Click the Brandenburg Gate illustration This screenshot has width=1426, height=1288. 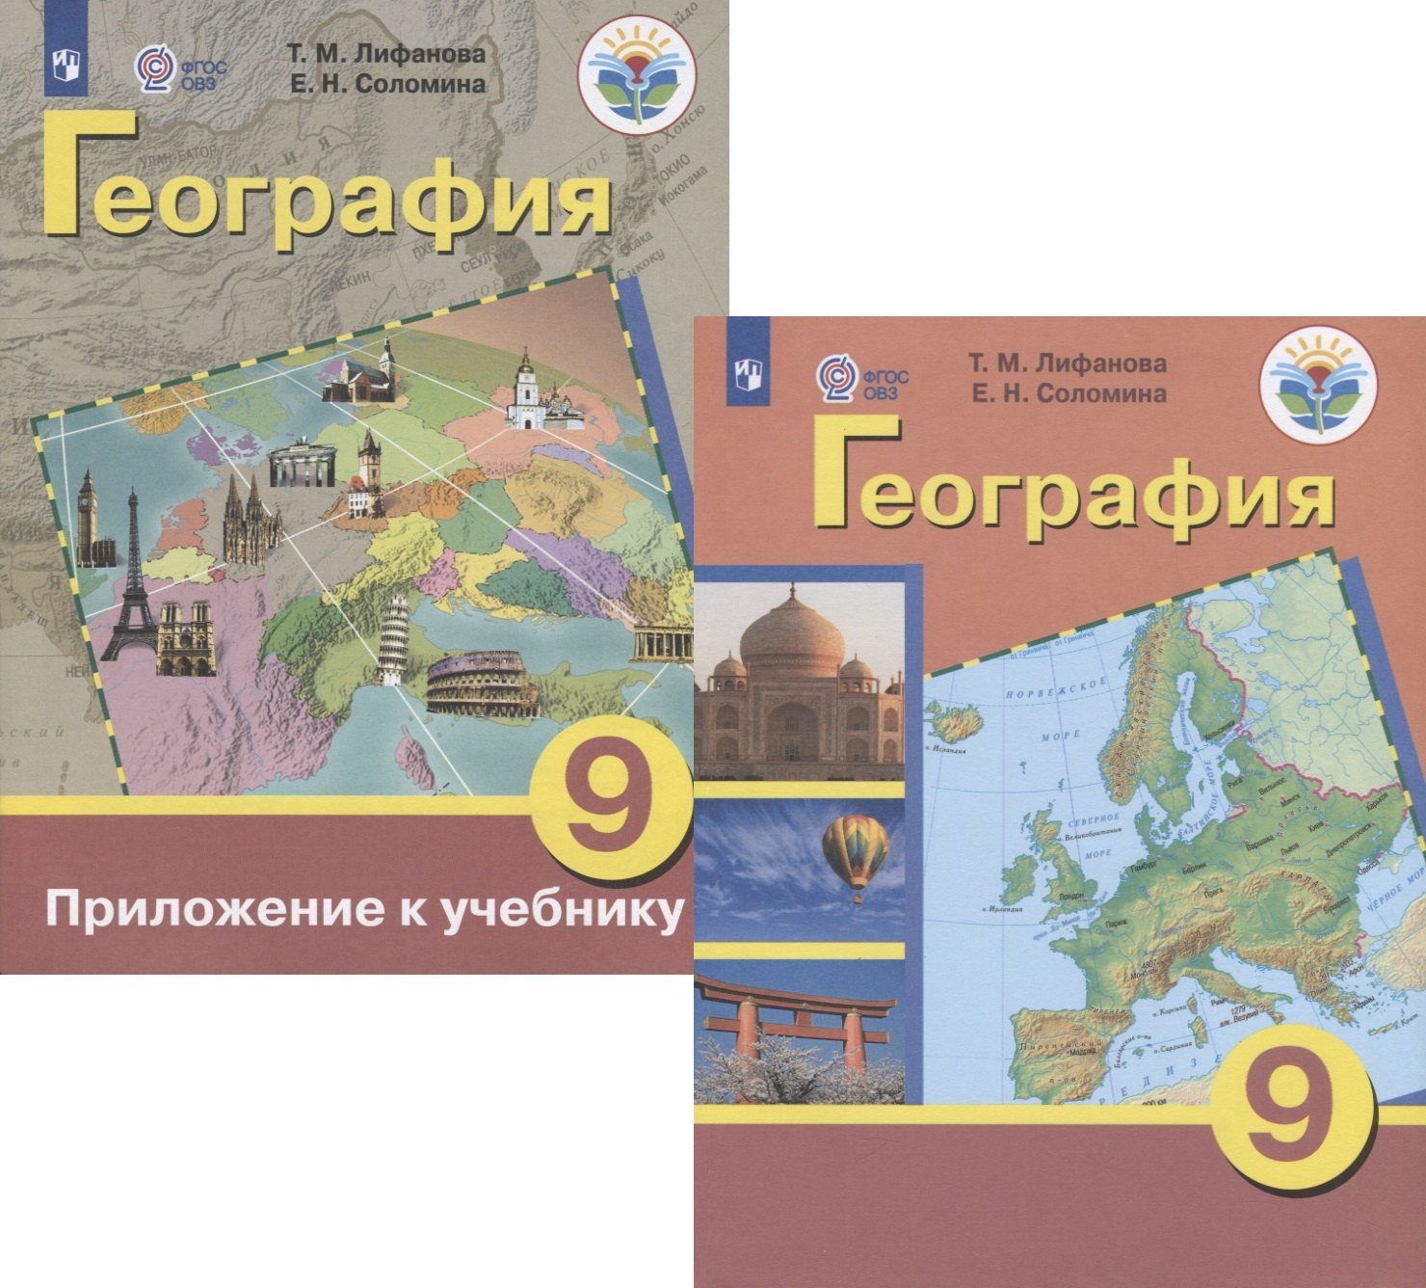click(303, 467)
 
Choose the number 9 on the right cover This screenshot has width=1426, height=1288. click(1285, 1102)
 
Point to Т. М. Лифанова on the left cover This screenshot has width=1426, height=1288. click(384, 55)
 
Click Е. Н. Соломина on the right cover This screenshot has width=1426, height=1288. click(1067, 393)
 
